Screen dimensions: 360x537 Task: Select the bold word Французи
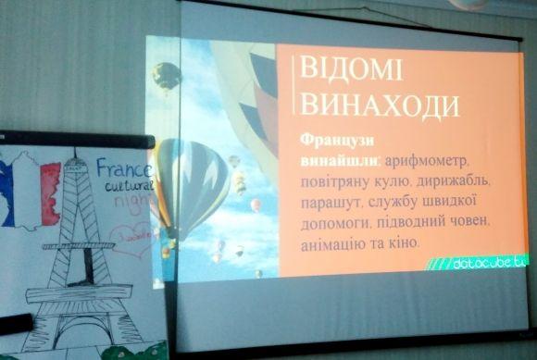click(x=331, y=141)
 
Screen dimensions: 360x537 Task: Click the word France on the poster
click(x=124, y=171)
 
